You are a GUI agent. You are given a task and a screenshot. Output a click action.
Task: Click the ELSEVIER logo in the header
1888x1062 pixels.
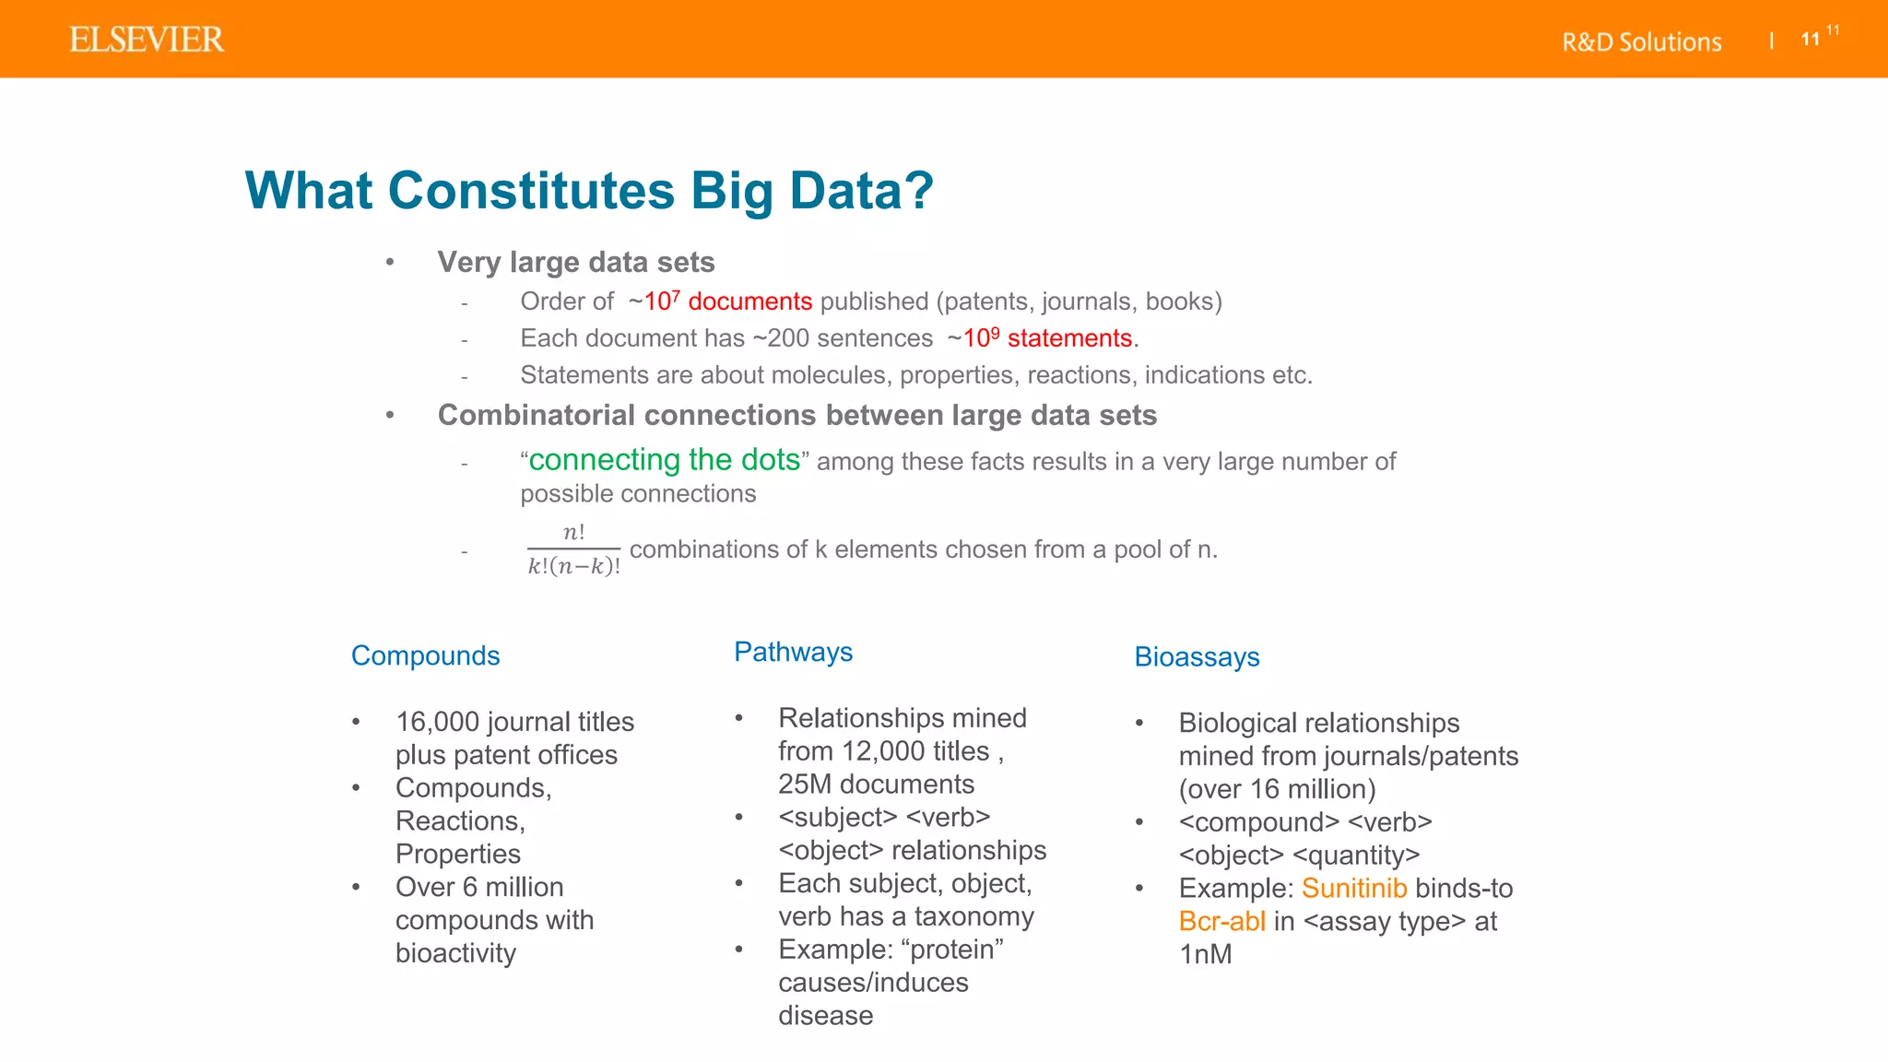pos(147,40)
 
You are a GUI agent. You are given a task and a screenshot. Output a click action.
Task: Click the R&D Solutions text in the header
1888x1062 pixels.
pos(1641,42)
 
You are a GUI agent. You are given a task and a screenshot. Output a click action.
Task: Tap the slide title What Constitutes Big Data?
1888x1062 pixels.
pos(589,191)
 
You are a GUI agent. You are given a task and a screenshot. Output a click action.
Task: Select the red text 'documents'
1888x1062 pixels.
pos(749,301)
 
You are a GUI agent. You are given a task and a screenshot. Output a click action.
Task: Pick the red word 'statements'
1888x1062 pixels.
pos(1068,338)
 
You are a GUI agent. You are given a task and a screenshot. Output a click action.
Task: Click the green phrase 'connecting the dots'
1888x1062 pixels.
pos(664,459)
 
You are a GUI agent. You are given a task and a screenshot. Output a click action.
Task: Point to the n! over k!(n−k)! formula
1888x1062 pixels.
pos(573,549)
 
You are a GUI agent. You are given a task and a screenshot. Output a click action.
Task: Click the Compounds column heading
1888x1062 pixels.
pos(425,655)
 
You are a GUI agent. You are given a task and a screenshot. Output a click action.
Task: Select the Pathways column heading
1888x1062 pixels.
pos(793,652)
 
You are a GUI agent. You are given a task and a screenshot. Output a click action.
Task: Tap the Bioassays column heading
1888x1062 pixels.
pos(1197,656)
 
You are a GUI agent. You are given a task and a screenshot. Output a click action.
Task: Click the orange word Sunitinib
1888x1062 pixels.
pos(1353,888)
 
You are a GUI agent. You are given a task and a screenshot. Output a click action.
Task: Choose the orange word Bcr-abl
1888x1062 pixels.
pos(1221,921)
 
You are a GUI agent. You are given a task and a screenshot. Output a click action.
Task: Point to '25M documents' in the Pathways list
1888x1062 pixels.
pos(876,785)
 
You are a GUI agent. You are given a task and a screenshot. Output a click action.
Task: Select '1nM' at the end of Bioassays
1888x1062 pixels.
pos(1205,954)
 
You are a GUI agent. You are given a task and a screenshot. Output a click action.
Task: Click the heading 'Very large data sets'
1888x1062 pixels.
pos(576,263)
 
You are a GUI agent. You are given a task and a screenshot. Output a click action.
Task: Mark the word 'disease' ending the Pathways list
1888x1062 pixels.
pos(825,1016)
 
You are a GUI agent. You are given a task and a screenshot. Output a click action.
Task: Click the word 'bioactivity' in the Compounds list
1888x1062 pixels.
pos(455,953)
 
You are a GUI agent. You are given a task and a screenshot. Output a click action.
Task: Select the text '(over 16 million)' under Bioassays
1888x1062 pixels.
pos(1277,789)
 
